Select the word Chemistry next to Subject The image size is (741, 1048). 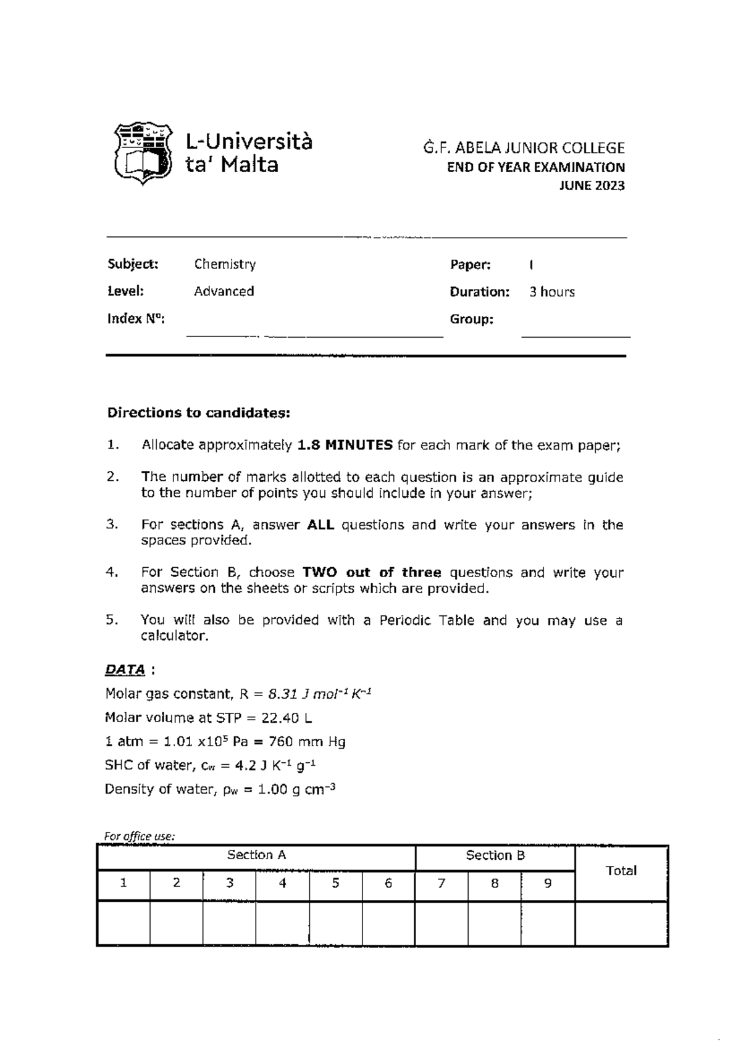point(225,265)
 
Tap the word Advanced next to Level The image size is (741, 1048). point(224,291)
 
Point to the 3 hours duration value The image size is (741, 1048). point(551,292)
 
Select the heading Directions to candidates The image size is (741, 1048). point(198,413)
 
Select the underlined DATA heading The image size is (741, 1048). point(125,670)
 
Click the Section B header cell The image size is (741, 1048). point(495,855)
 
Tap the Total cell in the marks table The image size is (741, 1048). point(621,871)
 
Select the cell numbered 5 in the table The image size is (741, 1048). point(335,884)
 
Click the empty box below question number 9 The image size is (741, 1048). point(547,923)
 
